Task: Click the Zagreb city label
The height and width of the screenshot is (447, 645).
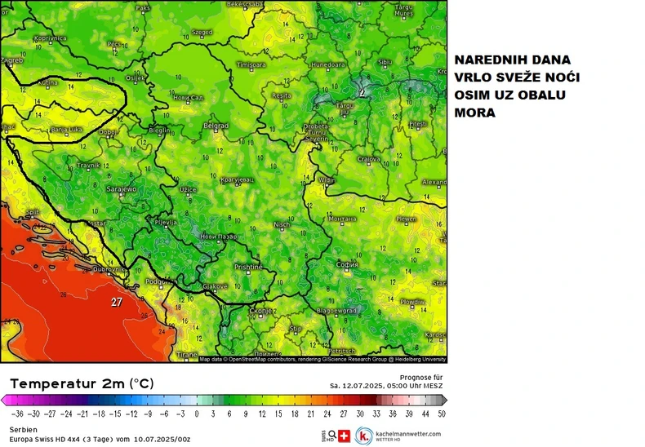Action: point(11,60)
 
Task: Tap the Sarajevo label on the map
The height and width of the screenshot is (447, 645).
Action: point(122,189)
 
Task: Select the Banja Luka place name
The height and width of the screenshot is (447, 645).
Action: point(65,129)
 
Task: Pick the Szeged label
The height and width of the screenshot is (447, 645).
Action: point(201,33)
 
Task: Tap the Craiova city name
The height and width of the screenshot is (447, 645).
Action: point(371,158)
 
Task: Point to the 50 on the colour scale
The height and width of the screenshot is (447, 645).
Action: point(441,414)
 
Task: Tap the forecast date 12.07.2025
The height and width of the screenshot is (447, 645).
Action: point(356,386)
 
